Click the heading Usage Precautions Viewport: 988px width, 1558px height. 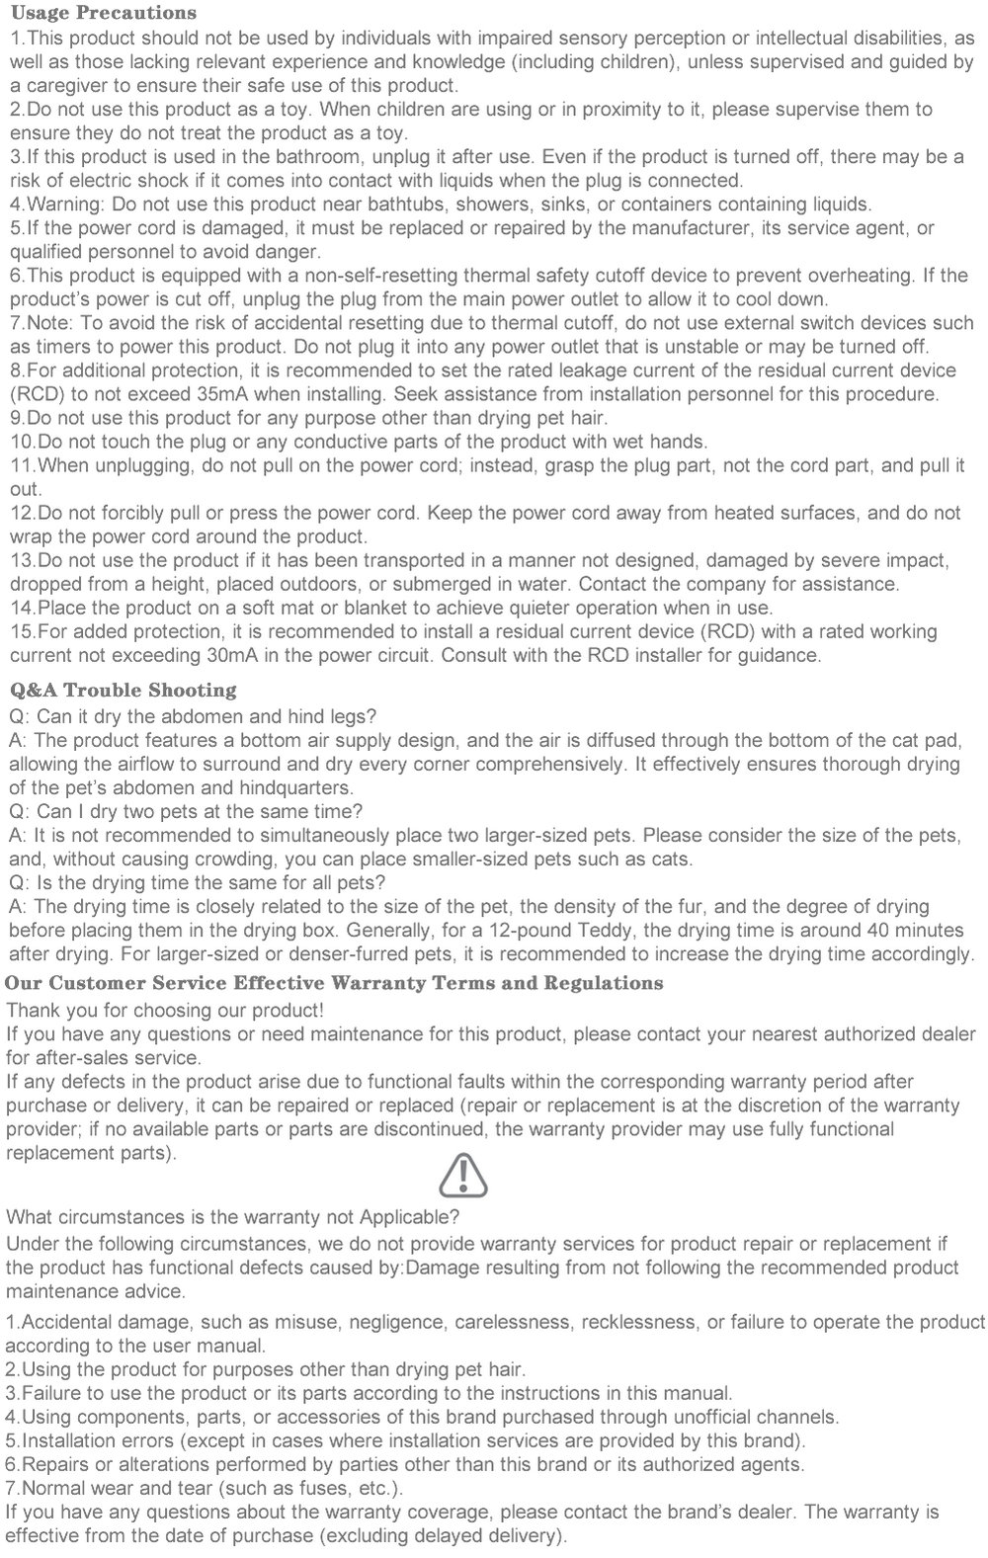pos(103,13)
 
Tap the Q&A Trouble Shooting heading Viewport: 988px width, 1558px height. pos(123,690)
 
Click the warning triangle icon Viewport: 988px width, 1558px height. pos(462,1175)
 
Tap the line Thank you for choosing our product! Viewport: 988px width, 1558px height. pos(165,1010)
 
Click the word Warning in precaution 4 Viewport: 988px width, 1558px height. pos(64,205)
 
